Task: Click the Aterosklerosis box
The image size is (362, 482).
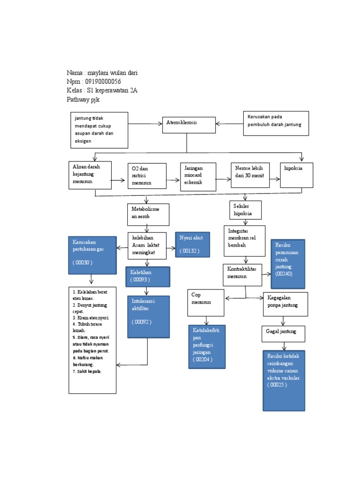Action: pyautogui.click(x=189, y=125)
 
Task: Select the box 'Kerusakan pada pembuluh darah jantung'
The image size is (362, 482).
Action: pyautogui.click(x=276, y=123)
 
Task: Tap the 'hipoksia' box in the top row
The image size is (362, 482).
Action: pyautogui.click(x=296, y=175)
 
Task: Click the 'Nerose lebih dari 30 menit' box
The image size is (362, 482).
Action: pyautogui.click(x=250, y=175)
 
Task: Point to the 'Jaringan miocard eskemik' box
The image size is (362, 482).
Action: pyautogui.click(x=198, y=177)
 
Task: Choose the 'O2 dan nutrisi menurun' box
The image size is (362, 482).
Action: pyautogui.click(x=147, y=176)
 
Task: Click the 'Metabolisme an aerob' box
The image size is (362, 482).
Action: pyautogui.click(x=148, y=215)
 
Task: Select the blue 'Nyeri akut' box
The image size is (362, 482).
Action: pyautogui.click(x=192, y=244)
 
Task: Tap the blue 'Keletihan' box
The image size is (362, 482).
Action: pyautogui.click(x=148, y=276)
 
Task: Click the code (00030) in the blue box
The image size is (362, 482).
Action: pyautogui.click(x=83, y=262)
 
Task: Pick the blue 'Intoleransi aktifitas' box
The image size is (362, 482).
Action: pyautogui.click(x=148, y=316)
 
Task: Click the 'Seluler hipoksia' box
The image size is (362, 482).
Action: pyautogui.click(x=245, y=210)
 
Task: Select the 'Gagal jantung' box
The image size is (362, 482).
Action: pyautogui.click(x=283, y=333)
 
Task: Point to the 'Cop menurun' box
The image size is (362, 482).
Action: pyautogui.click(x=206, y=303)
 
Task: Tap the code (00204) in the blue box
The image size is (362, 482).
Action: pyautogui.click(x=203, y=359)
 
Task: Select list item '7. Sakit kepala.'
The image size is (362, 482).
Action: pyautogui.click(x=88, y=371)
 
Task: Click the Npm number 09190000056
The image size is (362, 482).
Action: pyautogui.click(x=107, y=81)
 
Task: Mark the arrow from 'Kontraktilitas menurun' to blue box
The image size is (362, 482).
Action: pyautogui.click(x=267, y=274)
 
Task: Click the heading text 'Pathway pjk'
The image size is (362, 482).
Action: pyautogui.click(x=83, y=100)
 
